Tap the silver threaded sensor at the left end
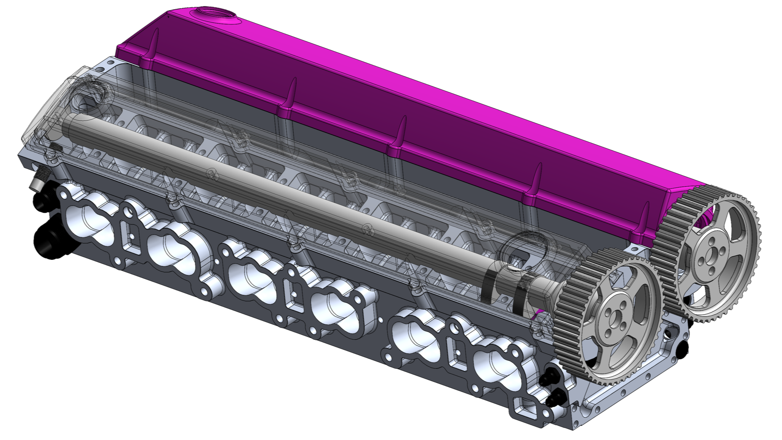coord(38,181)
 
